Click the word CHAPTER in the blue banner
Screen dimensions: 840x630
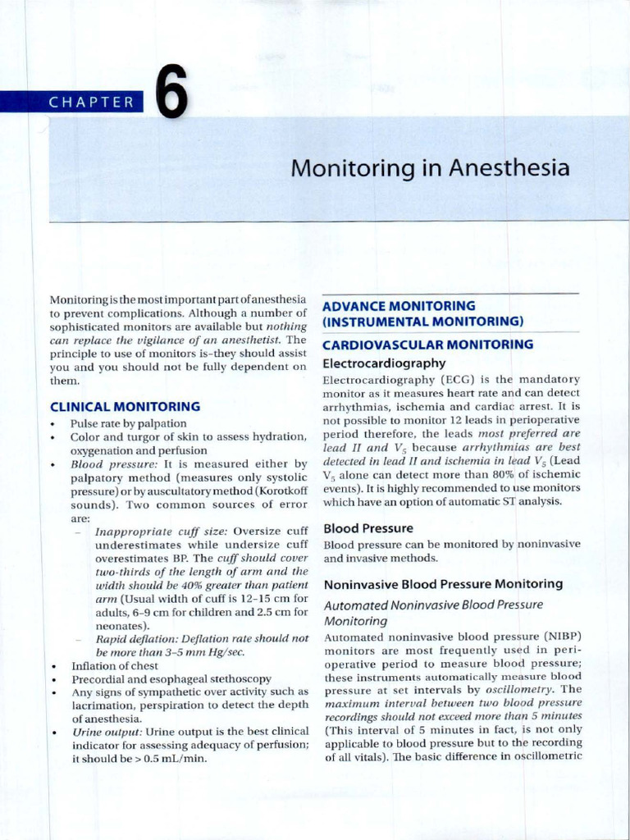click(91, 103)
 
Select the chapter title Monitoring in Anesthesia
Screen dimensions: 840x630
click(430, 168)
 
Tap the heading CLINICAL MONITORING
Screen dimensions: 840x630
click(125, 406)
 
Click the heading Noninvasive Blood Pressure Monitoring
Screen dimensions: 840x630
click(443, 584)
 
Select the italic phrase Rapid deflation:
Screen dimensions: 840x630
click(135, 638)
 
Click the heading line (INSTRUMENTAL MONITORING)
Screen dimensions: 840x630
click(422, 321)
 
